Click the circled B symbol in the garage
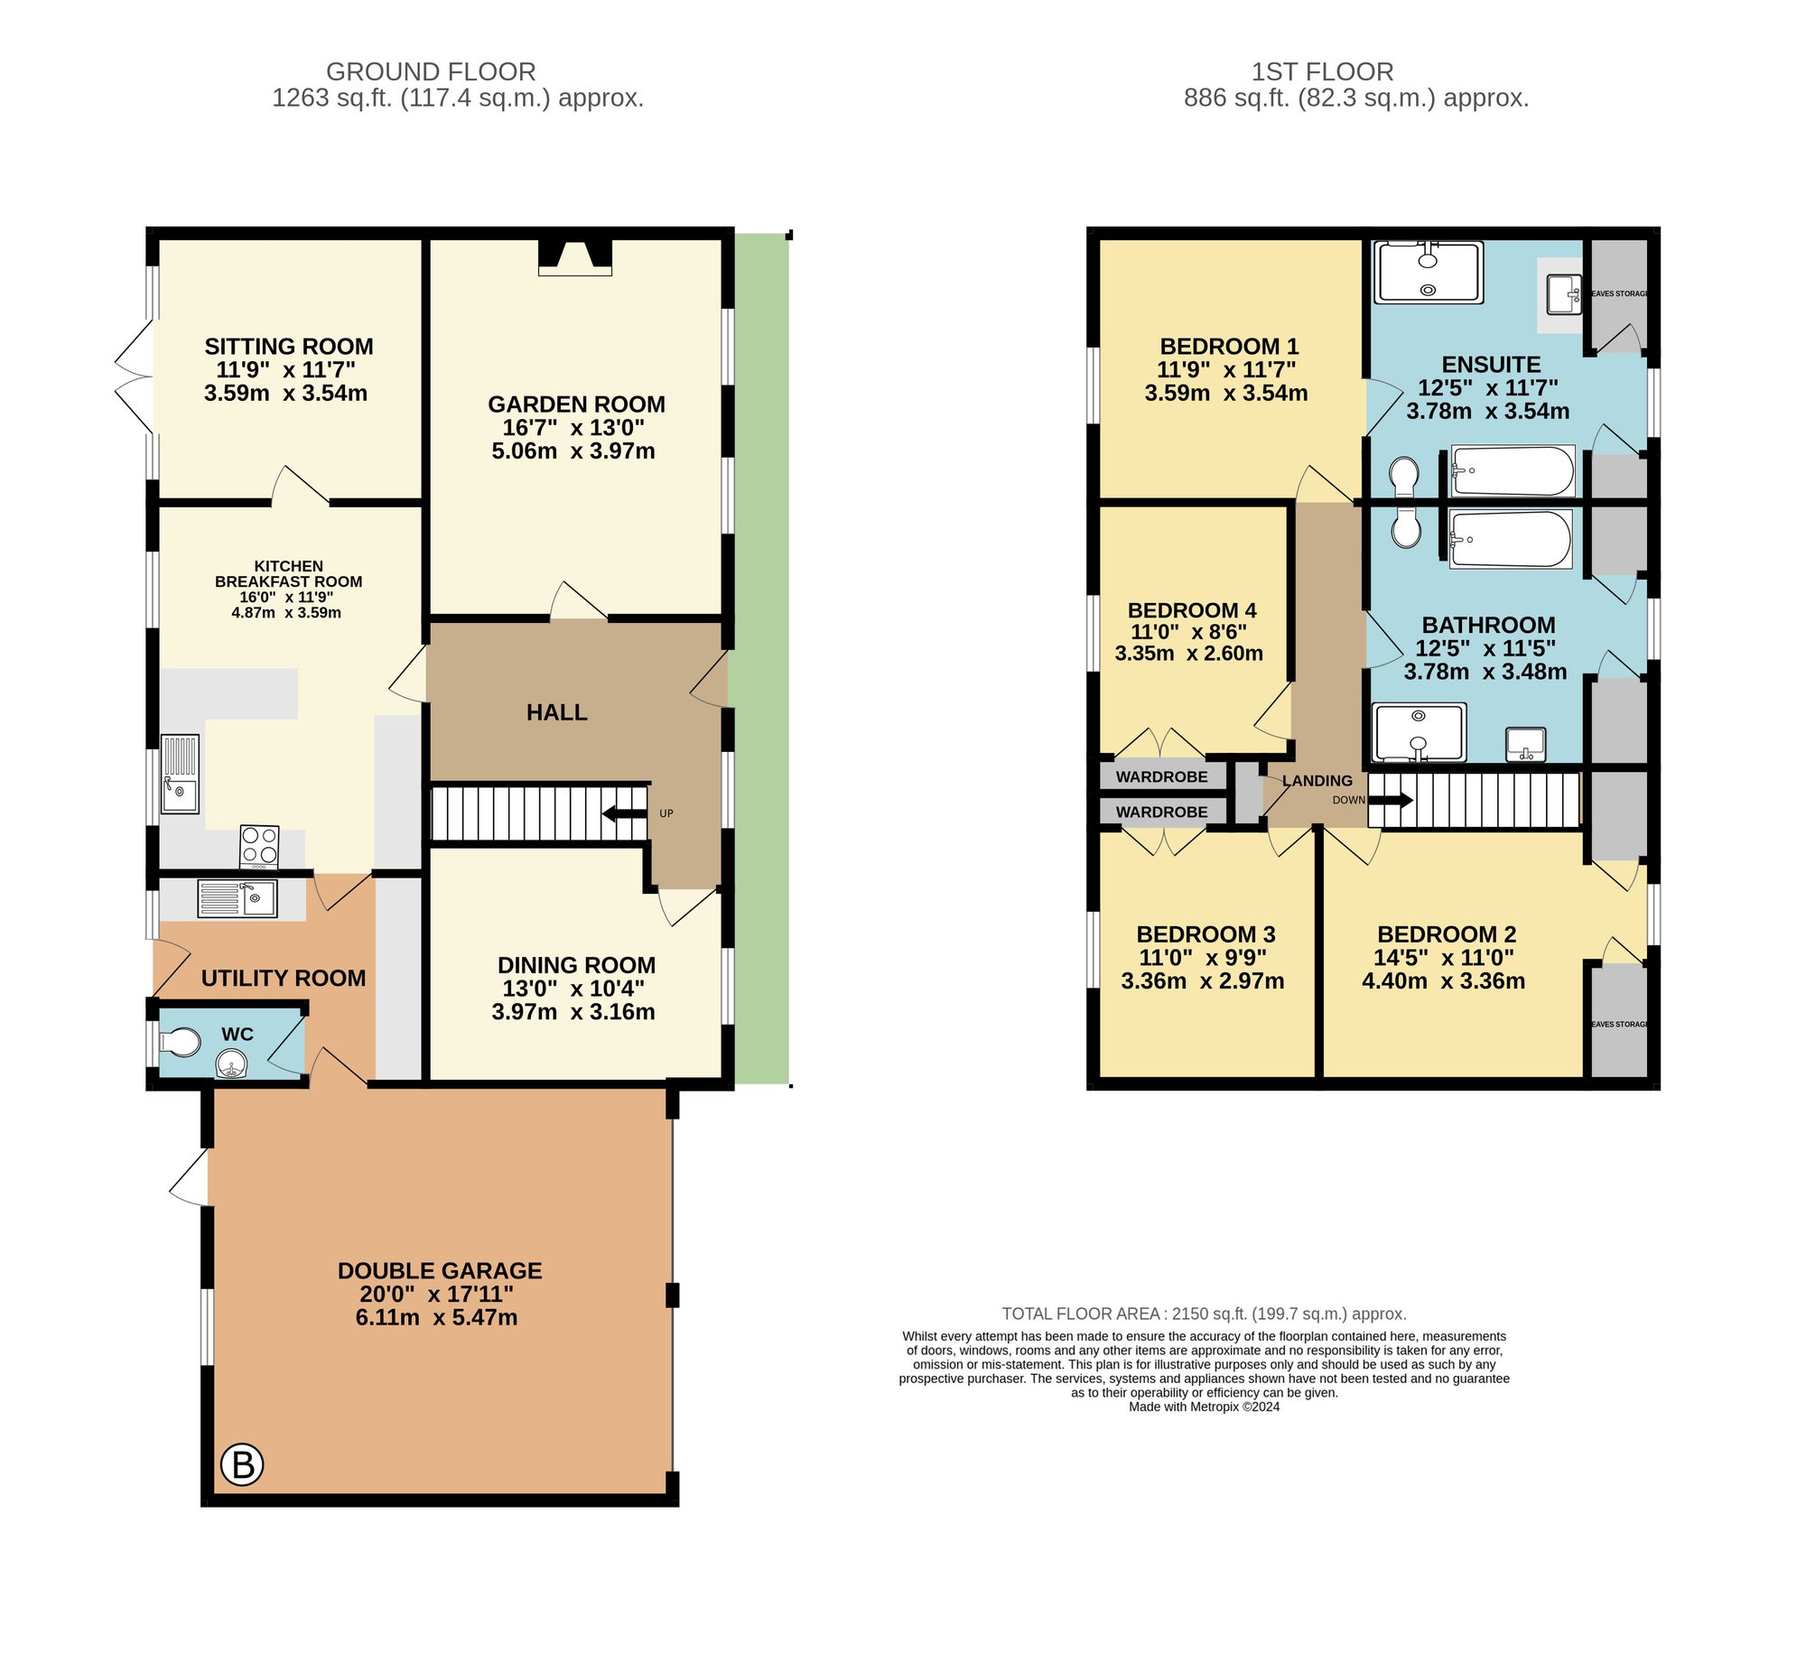(242, 1463)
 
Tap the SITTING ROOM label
(288, 347)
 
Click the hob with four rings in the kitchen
(259, 847)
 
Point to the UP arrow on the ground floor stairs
(624, 813)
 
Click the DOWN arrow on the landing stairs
(1392, 800)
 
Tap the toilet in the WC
(181, 1042)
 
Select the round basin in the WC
(233, 1066)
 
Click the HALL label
(556, 712)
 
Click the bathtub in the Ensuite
(1512, 470)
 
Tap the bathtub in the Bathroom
(1509, 539)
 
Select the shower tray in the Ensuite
(1428, 272)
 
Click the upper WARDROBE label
(1161, 776)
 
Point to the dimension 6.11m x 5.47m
(436, 1317)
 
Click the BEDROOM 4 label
(1191, 610)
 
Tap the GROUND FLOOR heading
(431, 71)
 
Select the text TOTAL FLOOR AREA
(1081, 1314)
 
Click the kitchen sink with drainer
(180, 774)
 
